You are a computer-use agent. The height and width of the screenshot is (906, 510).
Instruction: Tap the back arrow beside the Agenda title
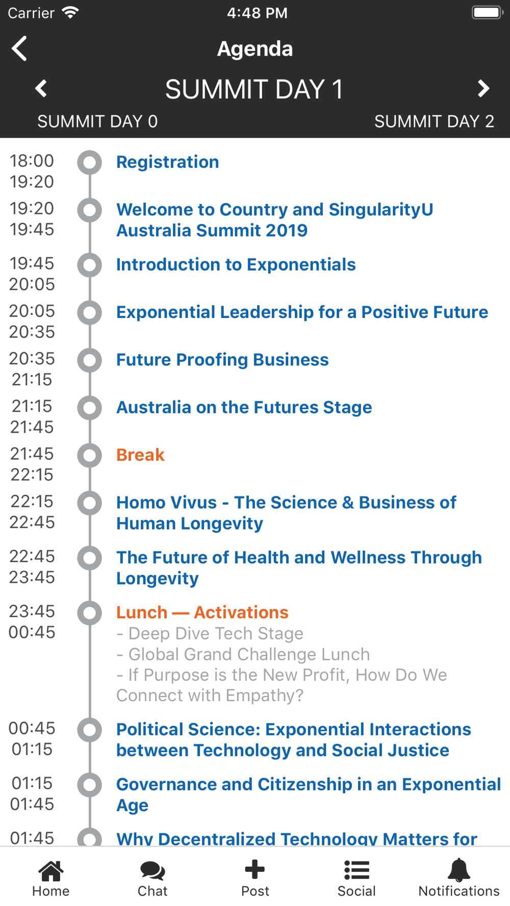(x=19, y=49)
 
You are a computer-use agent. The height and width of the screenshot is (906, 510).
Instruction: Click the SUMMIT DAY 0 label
(x=97, y=121)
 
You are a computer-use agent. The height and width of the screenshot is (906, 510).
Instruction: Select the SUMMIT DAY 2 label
(x=434, y=121)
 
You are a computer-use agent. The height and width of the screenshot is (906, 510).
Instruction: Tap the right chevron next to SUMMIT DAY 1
(x=483, y=89)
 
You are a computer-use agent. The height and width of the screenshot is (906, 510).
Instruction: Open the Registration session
(x=168, y=162)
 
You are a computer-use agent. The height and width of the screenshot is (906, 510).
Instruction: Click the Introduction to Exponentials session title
(x=236, y=264)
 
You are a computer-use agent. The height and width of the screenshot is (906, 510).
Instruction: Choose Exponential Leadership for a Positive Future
(x=302, y=312)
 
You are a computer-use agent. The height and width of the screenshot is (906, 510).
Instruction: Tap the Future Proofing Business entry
(x=222, y=360)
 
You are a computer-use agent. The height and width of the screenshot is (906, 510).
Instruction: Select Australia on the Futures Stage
(x=244, y=407)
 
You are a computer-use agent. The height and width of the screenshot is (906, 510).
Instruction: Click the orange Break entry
(x=141, y=455)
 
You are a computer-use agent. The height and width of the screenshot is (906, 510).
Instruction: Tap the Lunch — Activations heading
(x=202, y=612)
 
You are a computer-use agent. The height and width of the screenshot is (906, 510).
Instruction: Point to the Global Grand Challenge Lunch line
(x=243, y=654)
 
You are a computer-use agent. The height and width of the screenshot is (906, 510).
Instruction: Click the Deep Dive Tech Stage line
(x=210, y=633)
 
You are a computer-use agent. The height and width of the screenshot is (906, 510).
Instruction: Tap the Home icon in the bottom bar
(x=51, y=870)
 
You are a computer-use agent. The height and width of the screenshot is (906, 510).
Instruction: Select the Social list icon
(x=356, y=870)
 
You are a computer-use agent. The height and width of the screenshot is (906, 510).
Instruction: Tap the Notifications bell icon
(x=459, y=870)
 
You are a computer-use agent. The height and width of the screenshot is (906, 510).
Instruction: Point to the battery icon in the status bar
(x=488, y=12)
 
